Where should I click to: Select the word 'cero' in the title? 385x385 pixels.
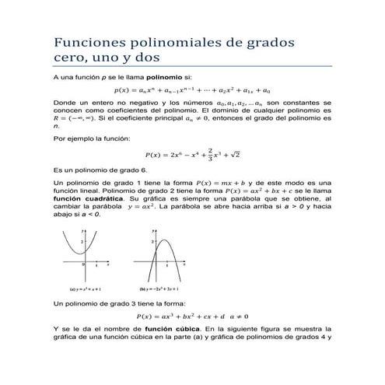click(69, 58)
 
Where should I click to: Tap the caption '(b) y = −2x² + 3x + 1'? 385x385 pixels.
click(160, 287)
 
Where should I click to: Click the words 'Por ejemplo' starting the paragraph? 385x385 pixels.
click(72, 136)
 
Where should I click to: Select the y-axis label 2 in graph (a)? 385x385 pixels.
click(80, 243)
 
